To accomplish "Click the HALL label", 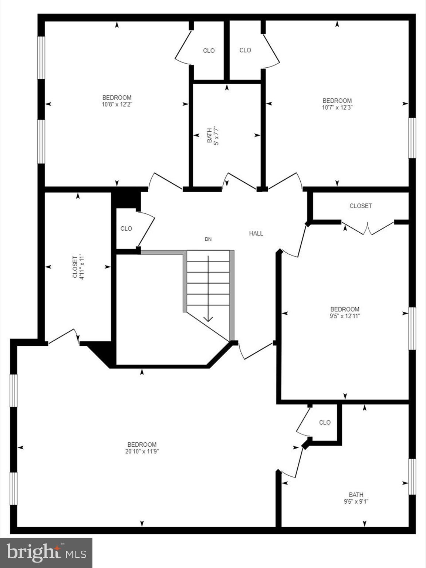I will tap(256, 233).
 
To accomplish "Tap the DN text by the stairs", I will tap(208, 239).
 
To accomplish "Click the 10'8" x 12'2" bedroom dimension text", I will tap(117, 104).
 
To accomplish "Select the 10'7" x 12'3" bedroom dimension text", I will tap(337, 108).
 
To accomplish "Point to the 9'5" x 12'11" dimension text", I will tap(345, 316).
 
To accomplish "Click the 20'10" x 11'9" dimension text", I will tap(142, 451).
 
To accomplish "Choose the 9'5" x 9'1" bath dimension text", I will tap(356, 502).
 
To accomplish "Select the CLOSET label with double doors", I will tap(361, 206).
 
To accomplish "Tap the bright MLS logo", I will tap(46, 553).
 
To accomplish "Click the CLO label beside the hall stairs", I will tap(126, 229).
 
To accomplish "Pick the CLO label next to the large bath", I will tap(325, 422).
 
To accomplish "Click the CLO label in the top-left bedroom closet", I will tap(209, 51).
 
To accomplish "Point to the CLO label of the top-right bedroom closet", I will tap(245, 50).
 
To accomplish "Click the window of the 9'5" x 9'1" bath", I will tap(412, 477).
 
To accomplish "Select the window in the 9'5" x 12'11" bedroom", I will tap(412, 328).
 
